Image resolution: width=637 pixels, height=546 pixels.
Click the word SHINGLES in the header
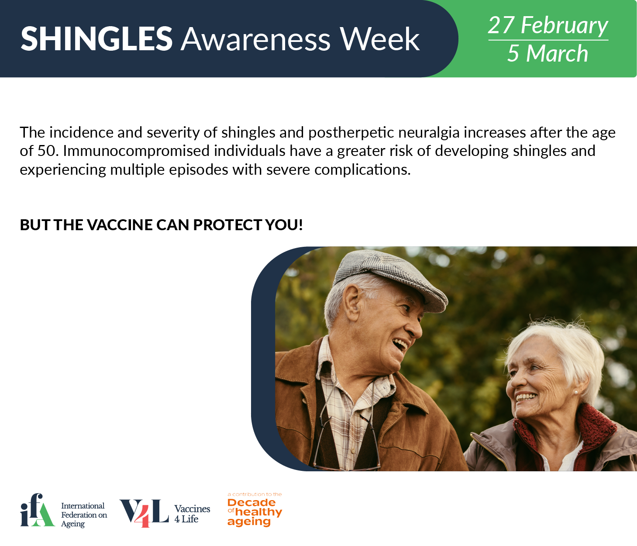click(x=96, y=39)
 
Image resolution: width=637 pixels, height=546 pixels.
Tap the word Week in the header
click(x=380, y=39)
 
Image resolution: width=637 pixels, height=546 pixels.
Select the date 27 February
click(x=548, y=25)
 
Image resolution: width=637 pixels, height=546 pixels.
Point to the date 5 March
click(x=547, y=53)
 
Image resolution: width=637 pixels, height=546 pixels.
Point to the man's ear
click(x=351, y=305)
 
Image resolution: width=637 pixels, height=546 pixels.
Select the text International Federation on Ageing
click(x=84, y=515)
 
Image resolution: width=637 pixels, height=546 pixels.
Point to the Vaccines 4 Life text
click(x=192, y=514)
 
